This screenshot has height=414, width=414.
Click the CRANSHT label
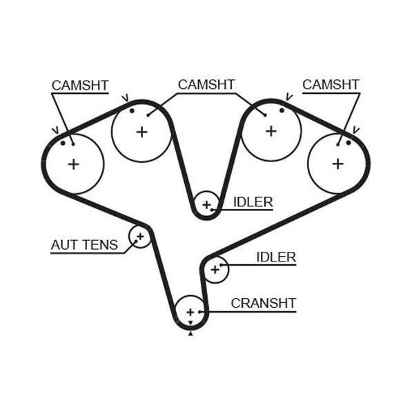pos(264,303)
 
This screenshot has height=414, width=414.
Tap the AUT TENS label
pos(84,245)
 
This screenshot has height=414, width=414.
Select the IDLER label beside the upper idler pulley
pos(253,202)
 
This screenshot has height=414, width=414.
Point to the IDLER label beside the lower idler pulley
pos(276,257)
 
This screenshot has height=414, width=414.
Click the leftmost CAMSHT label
pos(80,86)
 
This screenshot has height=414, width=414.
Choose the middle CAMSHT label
pos(206,84)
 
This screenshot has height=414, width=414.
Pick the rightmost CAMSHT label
pos(331,84)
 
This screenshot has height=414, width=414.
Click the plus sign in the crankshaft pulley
pos(190,313)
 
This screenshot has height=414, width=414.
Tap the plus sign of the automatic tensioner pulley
pos(140,236)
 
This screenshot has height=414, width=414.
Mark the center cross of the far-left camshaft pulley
pos(74,164)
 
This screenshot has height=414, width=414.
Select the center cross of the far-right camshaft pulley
pos(338,164)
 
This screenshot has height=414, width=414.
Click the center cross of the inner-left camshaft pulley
pos(141,132)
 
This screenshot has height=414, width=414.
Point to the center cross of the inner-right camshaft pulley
pos(271,131)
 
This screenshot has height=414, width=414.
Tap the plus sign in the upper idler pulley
pos(207,205)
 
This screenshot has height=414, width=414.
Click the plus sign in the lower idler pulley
pos(215,270)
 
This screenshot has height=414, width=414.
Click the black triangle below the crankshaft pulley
pos(190,334)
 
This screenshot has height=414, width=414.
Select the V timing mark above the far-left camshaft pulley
pos(55,130)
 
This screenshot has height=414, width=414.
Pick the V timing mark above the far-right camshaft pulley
pos(356,130)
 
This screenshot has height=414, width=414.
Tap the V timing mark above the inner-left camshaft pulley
pos(125,98)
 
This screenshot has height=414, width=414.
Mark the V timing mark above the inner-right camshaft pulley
pos(289,97)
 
